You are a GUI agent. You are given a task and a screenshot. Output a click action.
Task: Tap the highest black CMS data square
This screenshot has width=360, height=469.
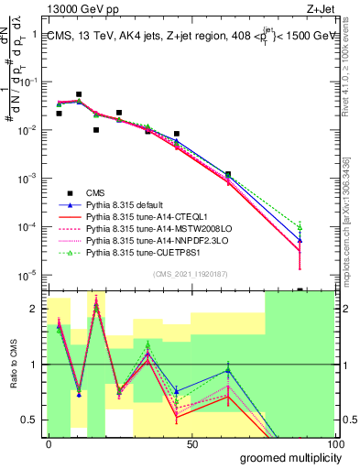pos(79,94)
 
